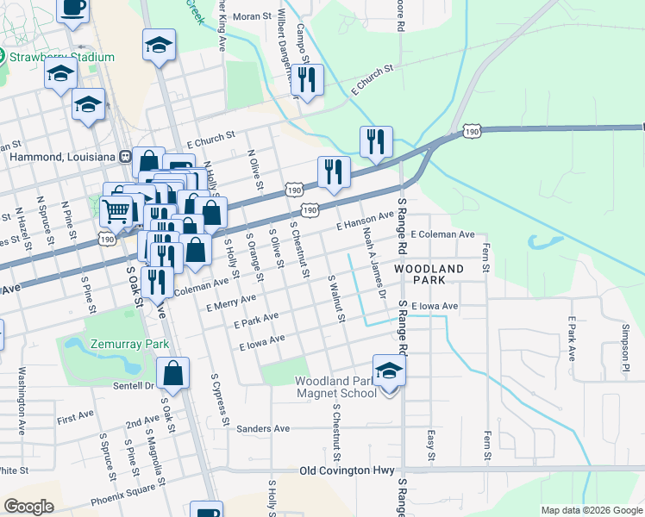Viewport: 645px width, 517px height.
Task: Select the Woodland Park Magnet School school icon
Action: tap(390, 371)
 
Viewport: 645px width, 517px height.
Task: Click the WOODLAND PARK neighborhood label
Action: tap(429, 275)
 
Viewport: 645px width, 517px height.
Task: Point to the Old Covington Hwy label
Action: tap(347, 471)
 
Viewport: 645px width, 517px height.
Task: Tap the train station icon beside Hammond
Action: tap(126, 157)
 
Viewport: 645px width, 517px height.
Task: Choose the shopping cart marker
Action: tap(116, 209)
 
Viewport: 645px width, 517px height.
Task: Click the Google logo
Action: tap(28, 507)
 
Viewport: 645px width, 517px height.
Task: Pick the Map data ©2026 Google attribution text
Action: tap(591, 510)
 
